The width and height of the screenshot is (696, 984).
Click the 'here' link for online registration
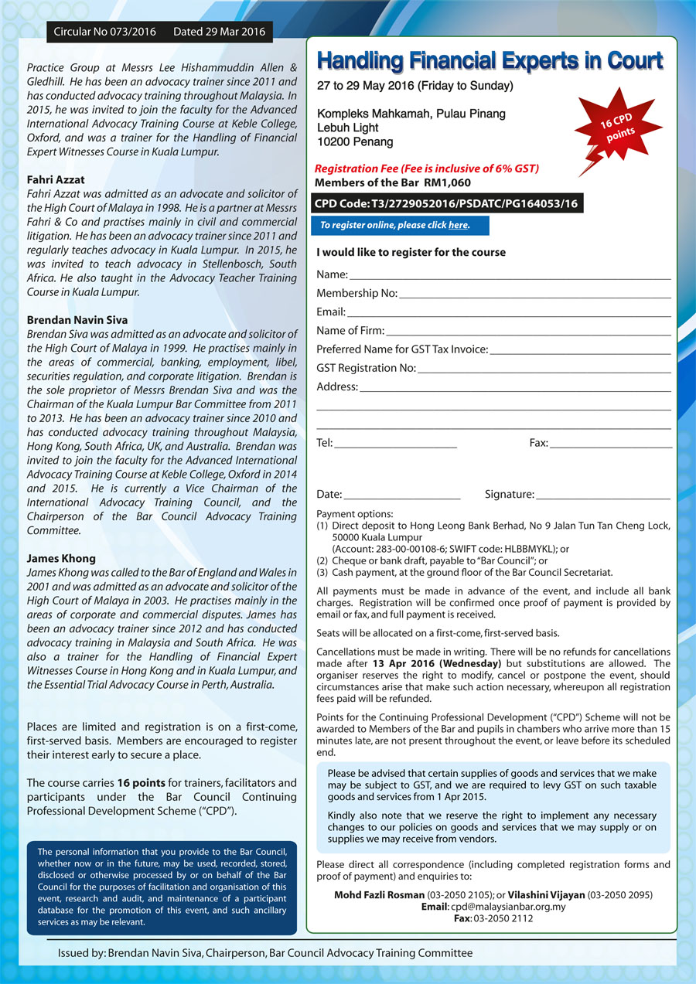(458, 226)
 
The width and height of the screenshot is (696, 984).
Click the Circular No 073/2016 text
(105, 32)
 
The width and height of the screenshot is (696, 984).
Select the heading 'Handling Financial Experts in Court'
(490, 61)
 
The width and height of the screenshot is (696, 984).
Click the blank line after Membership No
(534, 294)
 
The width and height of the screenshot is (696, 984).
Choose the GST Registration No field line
(544, 369)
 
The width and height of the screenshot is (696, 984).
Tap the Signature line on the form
(602, 495)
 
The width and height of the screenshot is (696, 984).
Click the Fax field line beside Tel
(611, 444)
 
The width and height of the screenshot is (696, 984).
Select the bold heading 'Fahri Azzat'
(56, 179)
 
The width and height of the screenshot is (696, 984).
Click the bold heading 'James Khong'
(61, 558)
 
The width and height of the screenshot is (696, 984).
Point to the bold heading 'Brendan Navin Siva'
(77, 319)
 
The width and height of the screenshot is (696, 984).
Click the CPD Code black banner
(446, 204)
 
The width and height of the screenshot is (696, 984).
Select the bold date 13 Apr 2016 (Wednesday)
(437, 663)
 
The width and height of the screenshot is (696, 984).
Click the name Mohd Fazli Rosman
(379, 895)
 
